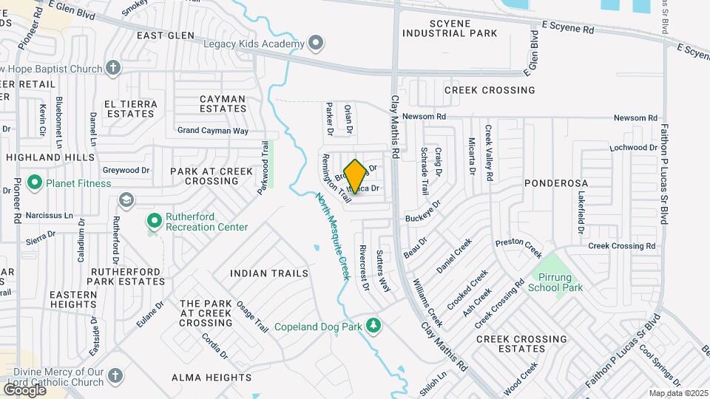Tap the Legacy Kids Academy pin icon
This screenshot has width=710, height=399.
(317, 44)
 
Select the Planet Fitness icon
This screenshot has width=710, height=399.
(34, 182)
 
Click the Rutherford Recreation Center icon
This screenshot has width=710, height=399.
(154, 220)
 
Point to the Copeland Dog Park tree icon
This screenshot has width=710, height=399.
(374, 326)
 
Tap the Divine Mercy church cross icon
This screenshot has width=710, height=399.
(114, 376)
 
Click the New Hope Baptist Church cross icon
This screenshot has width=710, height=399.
(112, 69)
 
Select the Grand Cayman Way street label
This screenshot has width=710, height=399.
(213, 131)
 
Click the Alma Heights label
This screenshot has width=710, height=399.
(208, 378)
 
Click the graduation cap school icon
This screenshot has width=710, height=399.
(126, 199)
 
